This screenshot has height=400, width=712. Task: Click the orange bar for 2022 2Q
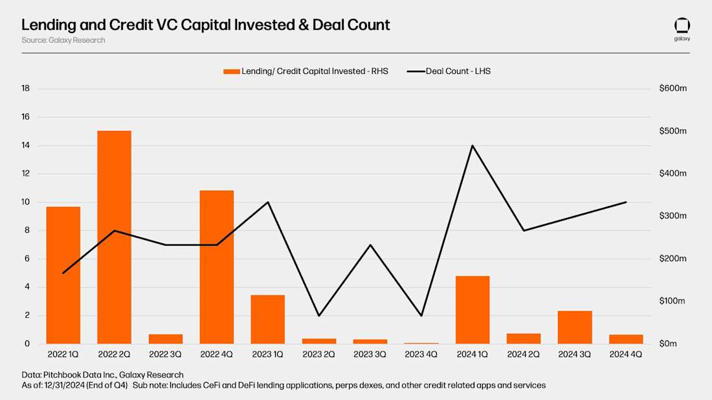(114, 237)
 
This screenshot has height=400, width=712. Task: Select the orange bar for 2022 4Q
(216, 267)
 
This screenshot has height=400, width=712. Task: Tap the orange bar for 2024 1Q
(473, 310)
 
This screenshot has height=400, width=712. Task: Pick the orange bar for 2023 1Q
(267, 319)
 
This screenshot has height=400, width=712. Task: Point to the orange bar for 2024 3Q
(575, 327)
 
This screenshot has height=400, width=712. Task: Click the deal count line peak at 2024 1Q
(473, 145)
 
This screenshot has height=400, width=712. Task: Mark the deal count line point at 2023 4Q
(421, 316)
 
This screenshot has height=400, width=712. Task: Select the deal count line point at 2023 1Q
(268, 202)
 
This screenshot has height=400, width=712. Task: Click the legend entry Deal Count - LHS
(458, 71)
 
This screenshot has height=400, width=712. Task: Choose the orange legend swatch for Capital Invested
(231, 71)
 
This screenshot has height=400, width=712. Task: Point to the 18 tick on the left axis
(26, 88)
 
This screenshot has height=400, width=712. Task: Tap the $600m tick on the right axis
(673, 88)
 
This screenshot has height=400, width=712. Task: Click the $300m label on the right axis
(673, 216)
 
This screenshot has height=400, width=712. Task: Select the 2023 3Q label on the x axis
(370, 354)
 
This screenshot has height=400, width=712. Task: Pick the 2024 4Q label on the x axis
(626, 354)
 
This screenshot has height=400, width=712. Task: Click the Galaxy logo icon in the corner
(682, 26)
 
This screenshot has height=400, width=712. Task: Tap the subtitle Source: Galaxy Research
(63, 40)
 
